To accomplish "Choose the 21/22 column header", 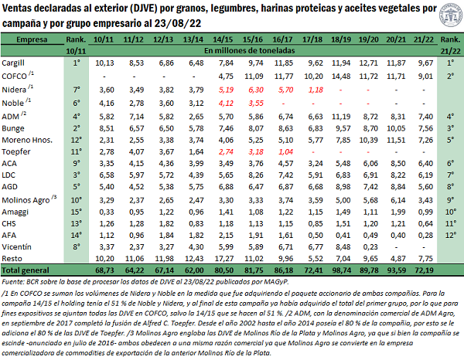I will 425,37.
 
